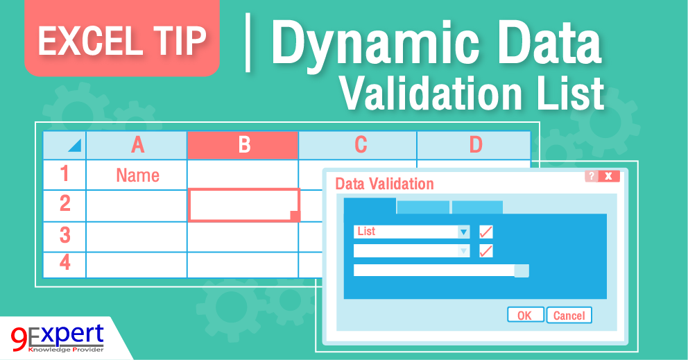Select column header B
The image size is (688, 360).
point(243,144)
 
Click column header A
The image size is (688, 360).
point(137,144)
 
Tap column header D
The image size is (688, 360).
point(475,144)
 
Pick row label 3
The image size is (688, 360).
point(64,236)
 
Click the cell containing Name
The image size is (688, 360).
point(137,175)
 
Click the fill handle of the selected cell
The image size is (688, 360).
point(295,216)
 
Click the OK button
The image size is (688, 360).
point(525,316)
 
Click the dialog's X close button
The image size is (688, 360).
point(609,176)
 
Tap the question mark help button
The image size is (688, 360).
point(591,176)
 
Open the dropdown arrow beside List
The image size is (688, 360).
point(463,232)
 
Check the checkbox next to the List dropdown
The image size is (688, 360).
point(486,232)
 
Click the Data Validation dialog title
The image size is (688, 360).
point(384,184)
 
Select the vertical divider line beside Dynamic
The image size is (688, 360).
point(248,42)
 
